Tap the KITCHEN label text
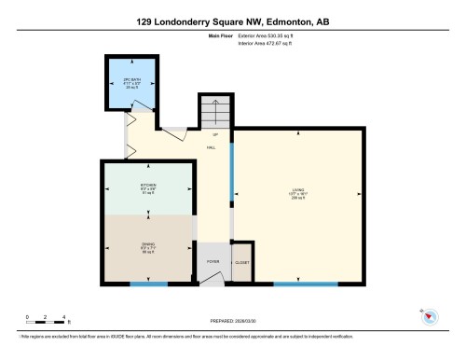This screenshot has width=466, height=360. coord(148,185)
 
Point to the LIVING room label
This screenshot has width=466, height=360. coord(296,191)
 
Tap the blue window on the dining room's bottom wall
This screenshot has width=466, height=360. coord(148,283)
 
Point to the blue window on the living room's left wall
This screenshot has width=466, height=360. coord(231,177)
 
